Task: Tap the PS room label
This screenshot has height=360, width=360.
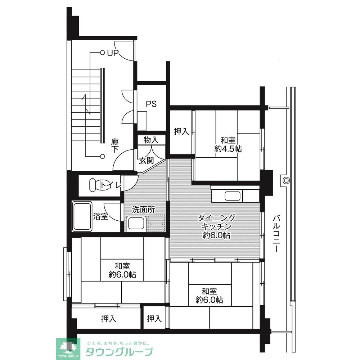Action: [151, 104]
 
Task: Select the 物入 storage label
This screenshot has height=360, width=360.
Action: [151, 140]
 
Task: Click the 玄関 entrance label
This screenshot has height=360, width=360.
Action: [146, 160]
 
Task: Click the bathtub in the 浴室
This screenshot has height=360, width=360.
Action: [82, 216]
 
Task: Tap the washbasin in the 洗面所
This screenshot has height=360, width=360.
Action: [136, 224]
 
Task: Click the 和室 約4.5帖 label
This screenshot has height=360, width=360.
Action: [228, 144]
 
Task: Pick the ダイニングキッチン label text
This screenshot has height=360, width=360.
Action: [216, 222]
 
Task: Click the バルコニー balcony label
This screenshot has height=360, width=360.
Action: [276, 233]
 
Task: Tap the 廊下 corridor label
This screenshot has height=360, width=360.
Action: [115, 145]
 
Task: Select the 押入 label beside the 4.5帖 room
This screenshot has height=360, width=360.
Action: [181, 131]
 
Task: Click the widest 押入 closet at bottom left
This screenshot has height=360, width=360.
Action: [109, 319]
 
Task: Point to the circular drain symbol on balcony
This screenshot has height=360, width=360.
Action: [286, 180]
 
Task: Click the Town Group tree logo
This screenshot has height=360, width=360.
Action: [68, 349]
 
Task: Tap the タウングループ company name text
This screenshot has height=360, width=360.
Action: [119, 351]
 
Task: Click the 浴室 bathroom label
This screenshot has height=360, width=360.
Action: [100, 216]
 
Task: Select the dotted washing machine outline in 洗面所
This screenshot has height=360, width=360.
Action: [156, 223]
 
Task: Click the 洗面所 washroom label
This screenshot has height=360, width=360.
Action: [144, 209]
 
